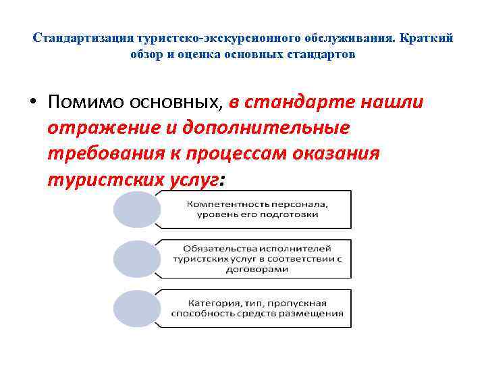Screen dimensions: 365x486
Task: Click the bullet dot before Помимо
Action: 33,103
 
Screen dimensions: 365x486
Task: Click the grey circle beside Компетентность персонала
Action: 134,210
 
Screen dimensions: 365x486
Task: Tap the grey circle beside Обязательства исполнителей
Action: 134,259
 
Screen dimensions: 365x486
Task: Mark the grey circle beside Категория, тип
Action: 134,308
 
